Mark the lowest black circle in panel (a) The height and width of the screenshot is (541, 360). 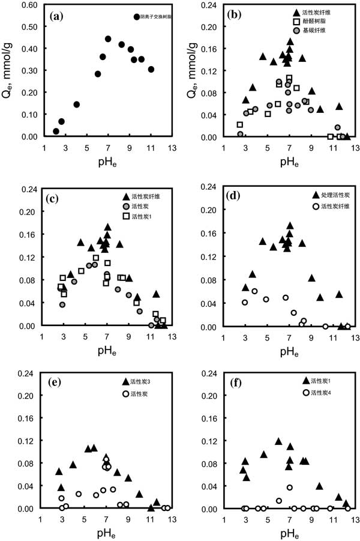[x=56, y=131]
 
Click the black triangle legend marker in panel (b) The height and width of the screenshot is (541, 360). [x=296, y=12]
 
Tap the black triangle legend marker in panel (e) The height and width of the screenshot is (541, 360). [x=125, y=382]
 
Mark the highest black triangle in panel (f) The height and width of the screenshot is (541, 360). [x=278, y=441]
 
